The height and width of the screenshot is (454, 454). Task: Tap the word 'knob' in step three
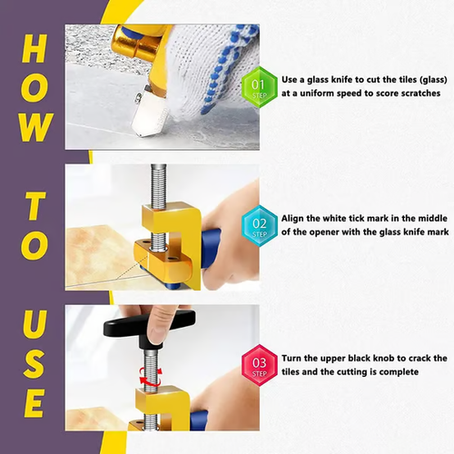click(x=399, y=358)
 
